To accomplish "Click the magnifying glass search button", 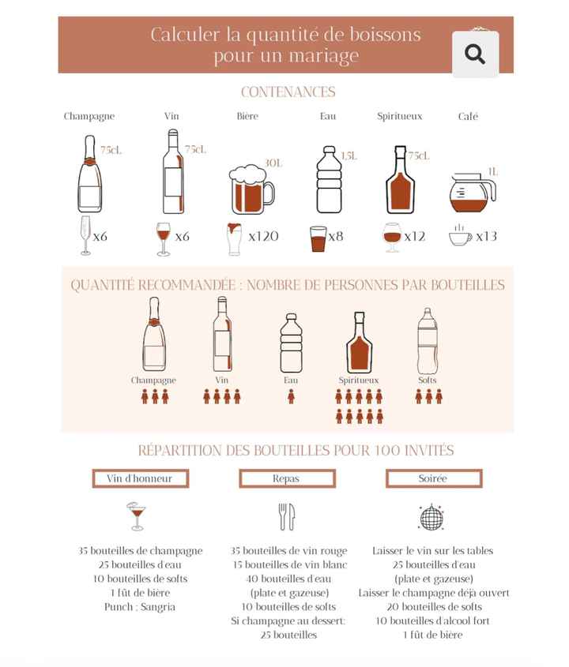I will click(x=475, y=54).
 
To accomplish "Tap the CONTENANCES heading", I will click(x=288, y=92).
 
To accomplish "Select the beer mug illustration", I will click(x=251, y=189).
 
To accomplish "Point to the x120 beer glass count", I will click(x=263, y=236).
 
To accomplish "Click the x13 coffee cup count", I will click(x=486, y=236).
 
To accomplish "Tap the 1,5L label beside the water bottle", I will click(x=349, y=156).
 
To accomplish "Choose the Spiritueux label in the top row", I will click(x=399, y=116).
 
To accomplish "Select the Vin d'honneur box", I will click(x=140, y=478).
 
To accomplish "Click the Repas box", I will click(x=286, y=478).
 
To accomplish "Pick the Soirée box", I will click(x=432, y=478).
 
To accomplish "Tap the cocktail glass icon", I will click(x=138, y=516).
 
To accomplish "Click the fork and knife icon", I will click(x=286, y=517).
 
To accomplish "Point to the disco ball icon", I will click(x=431, y=517).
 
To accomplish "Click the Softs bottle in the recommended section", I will click(x=428, y=341).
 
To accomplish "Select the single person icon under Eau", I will click(x=291, y=396).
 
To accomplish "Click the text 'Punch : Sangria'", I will click(x=140, y=607).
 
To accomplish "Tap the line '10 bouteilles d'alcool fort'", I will click(x=432, y=621).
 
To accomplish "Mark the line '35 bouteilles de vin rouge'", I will click(x=288, y=551).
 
